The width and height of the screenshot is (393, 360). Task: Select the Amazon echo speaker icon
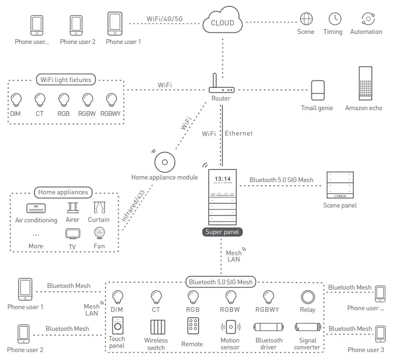[363, 84]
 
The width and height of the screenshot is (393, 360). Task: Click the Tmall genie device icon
[317, 90]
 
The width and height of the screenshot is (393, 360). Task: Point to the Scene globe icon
[306, 19]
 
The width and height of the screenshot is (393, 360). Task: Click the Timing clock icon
[335, 19]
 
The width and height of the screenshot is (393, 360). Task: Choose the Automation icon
[366, 19]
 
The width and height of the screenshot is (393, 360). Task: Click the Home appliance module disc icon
[164, 161]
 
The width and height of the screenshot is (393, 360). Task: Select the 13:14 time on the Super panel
[222, 179]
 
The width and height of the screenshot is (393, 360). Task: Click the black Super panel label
[222, 232]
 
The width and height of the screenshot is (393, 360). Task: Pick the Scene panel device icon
[340, 185]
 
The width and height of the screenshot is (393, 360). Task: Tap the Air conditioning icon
[36, 208]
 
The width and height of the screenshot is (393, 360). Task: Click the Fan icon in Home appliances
[99, 233]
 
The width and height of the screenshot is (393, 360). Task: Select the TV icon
[72, 233]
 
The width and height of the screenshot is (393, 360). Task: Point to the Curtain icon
[99, 207]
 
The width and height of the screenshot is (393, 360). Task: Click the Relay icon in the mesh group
[307, 297]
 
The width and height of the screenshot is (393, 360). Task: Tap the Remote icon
[192, 326]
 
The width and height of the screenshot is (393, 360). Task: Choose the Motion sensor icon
[230, 327]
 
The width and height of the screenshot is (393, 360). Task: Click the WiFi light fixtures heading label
[66, 80]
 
